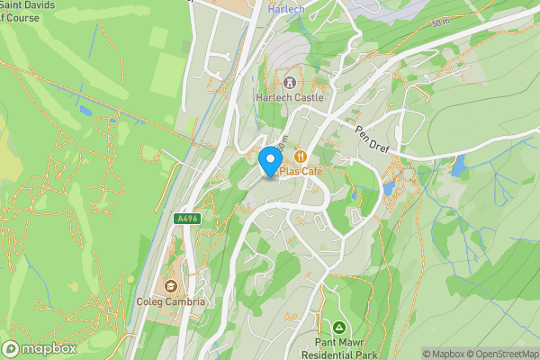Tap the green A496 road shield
[186, 219]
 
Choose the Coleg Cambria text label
[171, 301]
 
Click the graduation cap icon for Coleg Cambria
[171, 286]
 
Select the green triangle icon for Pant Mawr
[339, 327]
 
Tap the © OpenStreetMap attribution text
[504, 354]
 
